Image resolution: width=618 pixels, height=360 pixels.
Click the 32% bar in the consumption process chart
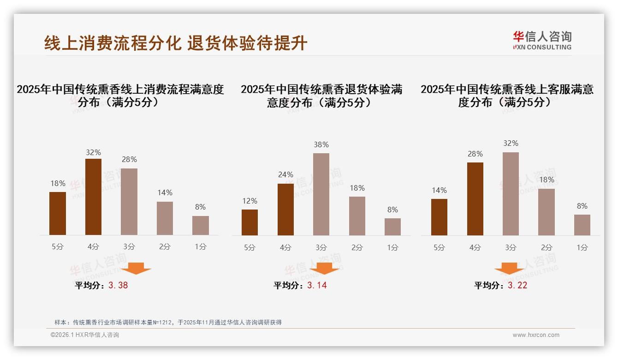click(x=93, y=197)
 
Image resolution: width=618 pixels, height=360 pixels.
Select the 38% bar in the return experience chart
click(x=321, y=194)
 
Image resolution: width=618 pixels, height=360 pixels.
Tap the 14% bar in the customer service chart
click(x=439, y=217)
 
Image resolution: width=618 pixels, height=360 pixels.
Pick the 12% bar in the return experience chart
click(x=250, y=222)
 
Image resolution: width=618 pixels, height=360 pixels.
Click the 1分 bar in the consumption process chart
click(x=200, y=225)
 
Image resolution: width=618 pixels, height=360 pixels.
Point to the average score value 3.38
click(x=118, y=285)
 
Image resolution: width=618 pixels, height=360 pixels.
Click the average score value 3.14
click(x=317, y=285)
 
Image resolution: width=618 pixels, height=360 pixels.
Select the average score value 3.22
click(x=517, y=285)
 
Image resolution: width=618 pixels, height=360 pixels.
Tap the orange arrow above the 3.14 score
click(x=324, y=268)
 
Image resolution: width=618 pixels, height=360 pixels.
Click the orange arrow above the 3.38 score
click(x=136, y=268)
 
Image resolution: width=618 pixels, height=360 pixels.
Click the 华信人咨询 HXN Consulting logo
click(x=542, y=40)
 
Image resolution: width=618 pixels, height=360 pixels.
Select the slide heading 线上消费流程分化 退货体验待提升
click(x=176, y=43)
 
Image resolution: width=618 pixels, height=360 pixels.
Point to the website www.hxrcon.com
click(x=536, y=335)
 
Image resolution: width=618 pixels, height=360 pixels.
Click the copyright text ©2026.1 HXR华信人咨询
click(x=85, y=335)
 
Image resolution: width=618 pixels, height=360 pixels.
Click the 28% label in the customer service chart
click(x=475, y=154)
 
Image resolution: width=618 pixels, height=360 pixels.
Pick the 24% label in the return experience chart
click(x=285, y=174)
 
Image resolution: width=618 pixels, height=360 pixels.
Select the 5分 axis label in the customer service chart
click(x=439, y=247)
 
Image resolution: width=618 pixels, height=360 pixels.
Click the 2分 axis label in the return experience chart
click(x=357, y=247)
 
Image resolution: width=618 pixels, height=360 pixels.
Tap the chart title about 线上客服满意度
click(x=507, y=96)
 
